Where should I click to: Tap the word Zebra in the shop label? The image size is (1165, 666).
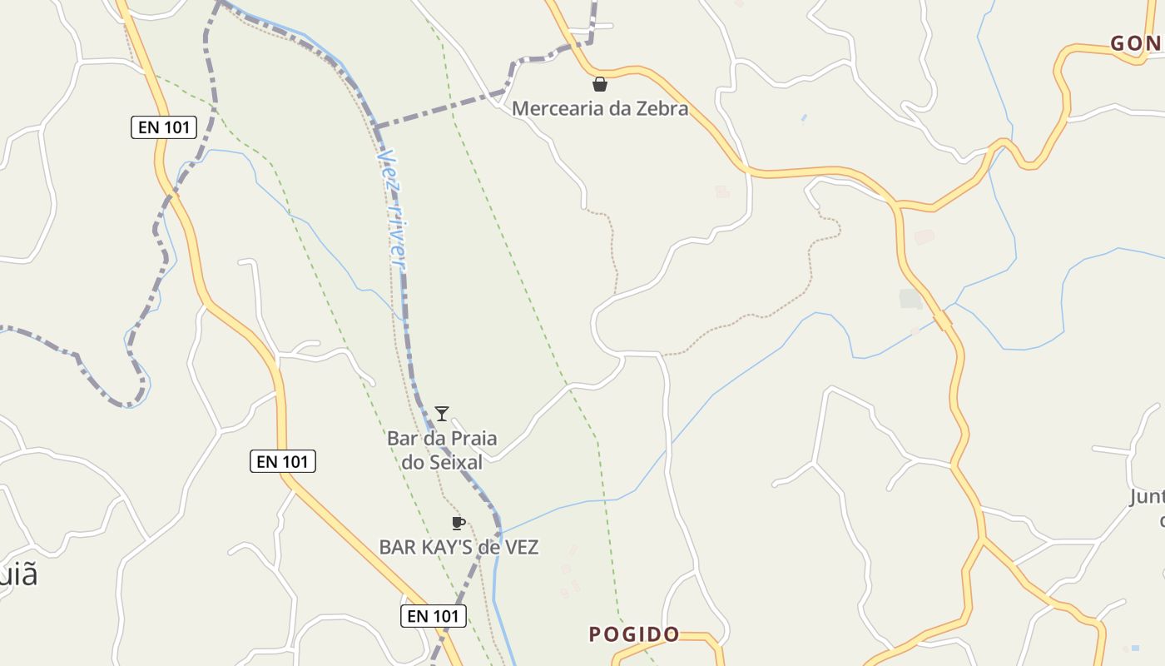click(x=662, y=108)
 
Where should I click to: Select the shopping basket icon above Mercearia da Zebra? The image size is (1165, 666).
click(x=599, y=84)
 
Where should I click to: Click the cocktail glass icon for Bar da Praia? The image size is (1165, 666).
click(x=442, y=414)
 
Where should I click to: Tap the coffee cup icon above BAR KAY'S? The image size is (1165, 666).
click(x=457, y=523)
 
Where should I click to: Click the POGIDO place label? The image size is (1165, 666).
click(x=634, y=634)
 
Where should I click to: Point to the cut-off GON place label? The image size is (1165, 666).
click(x=1137, y=43)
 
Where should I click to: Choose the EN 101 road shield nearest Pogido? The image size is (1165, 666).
click(x=433, y=616)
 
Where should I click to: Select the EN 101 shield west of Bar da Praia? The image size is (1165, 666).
click(x=283, y=461)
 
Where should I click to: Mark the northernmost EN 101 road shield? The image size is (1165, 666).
click(x=164, y=127)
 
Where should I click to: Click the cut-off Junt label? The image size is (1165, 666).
click(x=1147, y=498)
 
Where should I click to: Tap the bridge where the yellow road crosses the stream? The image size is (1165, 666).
click(x=943, y=321)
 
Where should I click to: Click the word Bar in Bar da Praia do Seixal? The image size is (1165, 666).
click(x=401, y=438)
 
